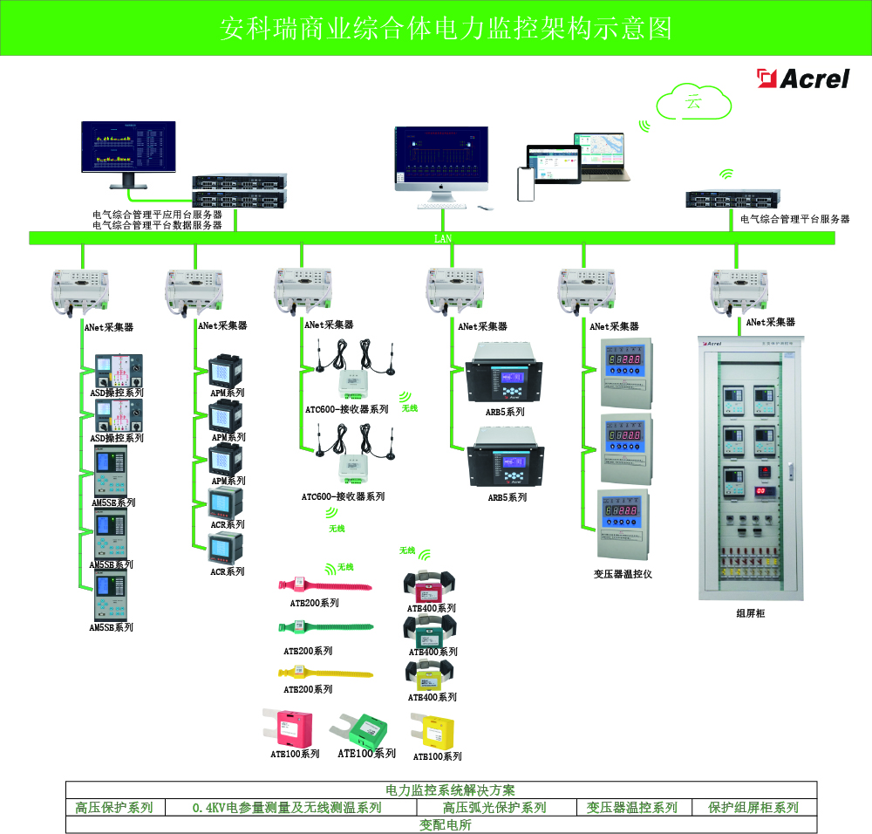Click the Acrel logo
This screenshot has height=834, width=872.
click(x=803, y=79)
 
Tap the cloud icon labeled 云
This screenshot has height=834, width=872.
click(x=694, y=103)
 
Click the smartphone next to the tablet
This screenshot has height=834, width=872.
click(x=525, y=183)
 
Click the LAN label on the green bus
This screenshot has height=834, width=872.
click(x=443, y=238)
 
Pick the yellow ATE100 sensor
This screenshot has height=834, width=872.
click(x=433, y=731)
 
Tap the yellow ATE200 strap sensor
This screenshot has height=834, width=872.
click(x=324, y=673)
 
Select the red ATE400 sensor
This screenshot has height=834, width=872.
click(x=430, y=586)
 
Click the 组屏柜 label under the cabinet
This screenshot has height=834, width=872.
click(x=750, y=614)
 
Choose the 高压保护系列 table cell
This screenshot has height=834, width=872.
click(x=114, y=808)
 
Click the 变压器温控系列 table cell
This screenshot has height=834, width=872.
click(x=631, y=808)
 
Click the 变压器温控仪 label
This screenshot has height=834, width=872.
click(x=623, y=574)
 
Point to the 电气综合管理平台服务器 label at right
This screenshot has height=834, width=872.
click(x=794, y=220)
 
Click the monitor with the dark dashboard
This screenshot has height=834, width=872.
click(x=127, y=149)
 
